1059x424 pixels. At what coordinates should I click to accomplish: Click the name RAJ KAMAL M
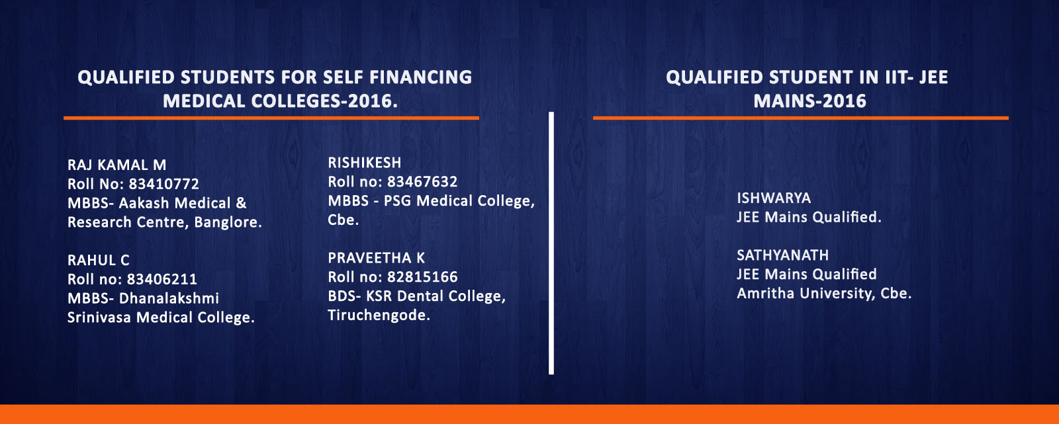point(116,165)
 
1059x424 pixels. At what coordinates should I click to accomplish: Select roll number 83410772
point(164,184)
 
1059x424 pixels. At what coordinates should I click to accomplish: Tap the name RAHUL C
point(99,260)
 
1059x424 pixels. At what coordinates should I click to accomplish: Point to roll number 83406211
point(161,279)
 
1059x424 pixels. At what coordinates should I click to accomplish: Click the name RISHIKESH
point(365,163)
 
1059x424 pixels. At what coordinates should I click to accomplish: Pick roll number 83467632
point(422,181)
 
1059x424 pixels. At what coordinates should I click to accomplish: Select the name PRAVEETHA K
point(377,257)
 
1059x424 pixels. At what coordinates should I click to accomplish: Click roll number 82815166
point(422,277)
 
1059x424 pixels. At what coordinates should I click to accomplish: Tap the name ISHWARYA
point(774,198)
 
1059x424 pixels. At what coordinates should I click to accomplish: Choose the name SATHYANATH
point(783,255)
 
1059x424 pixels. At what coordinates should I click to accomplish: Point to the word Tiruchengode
point(379,316)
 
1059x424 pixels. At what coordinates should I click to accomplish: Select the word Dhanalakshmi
point(169,298)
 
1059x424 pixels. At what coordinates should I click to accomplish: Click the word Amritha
point(766,294)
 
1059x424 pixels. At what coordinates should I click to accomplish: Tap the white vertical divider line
point(551,243)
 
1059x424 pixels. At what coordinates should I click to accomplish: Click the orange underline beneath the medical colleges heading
point(271,118)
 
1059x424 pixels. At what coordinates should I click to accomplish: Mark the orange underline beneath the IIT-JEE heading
point(801,118)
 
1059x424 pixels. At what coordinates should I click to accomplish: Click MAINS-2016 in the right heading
point(810,101)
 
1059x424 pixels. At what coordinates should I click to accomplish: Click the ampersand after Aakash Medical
point(241,203)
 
